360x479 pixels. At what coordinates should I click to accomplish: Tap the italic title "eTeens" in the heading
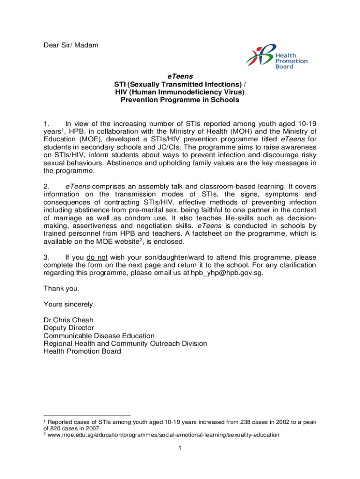coord(180,76)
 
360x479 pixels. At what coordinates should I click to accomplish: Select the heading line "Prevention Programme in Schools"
coord(180,100)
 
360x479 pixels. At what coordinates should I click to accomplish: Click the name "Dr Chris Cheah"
coord(68,320)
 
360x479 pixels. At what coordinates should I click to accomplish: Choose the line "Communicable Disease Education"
coord(99,336)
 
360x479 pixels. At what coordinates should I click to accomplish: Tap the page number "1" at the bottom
coord(180,449)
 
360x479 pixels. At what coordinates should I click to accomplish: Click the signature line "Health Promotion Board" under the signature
coord(82,351)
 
